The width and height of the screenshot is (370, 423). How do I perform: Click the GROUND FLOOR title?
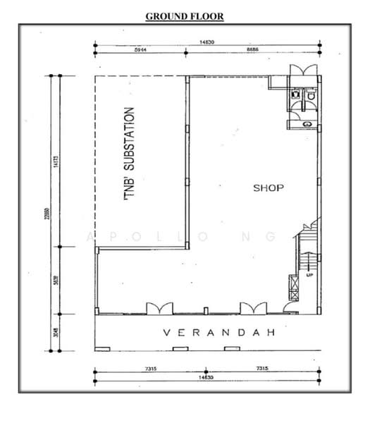pos(185,16)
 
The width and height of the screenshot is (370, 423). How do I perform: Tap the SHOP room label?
pos(269,188)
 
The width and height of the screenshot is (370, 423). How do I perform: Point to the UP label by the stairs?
pos(309,275)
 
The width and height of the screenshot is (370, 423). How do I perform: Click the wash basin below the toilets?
pos(305,123)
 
